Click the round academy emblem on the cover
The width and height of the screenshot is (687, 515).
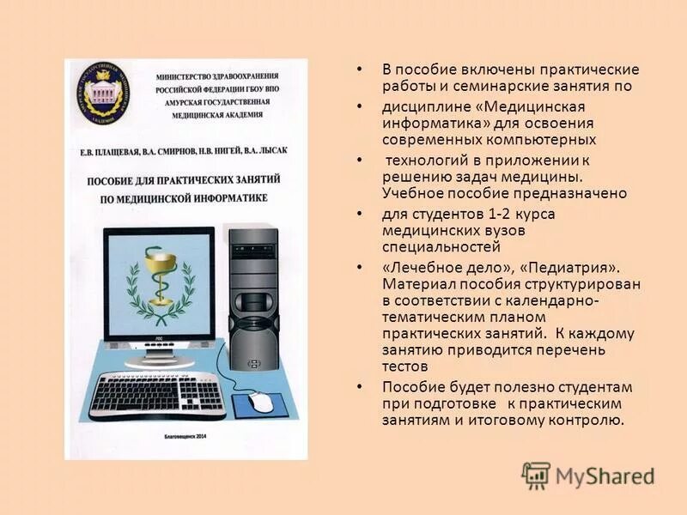pyautogui.click(x=106, y=89)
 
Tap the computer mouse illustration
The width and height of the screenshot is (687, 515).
pyautogui.click(x=260, y=401)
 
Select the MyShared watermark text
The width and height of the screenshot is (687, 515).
pyautogui.click(x=605, y=476)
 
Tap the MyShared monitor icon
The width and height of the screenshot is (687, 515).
pyautogui.click(x=536, y=476)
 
